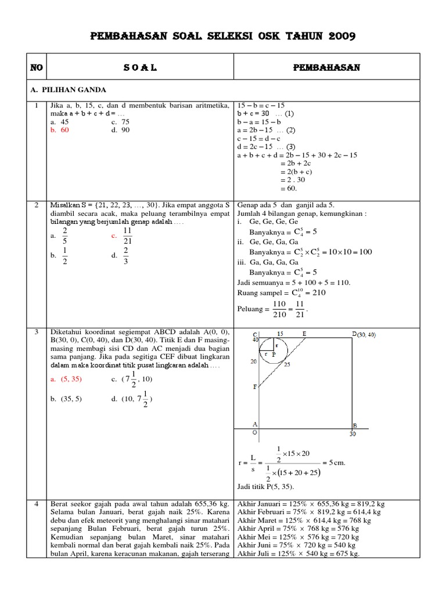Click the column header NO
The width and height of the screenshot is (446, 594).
point(37,68)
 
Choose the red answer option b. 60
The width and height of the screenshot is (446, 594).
point(60,131)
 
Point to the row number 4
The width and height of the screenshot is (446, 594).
point(37,504)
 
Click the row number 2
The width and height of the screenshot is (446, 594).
point(37,205)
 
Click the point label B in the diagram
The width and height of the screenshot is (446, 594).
point(355,425)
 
